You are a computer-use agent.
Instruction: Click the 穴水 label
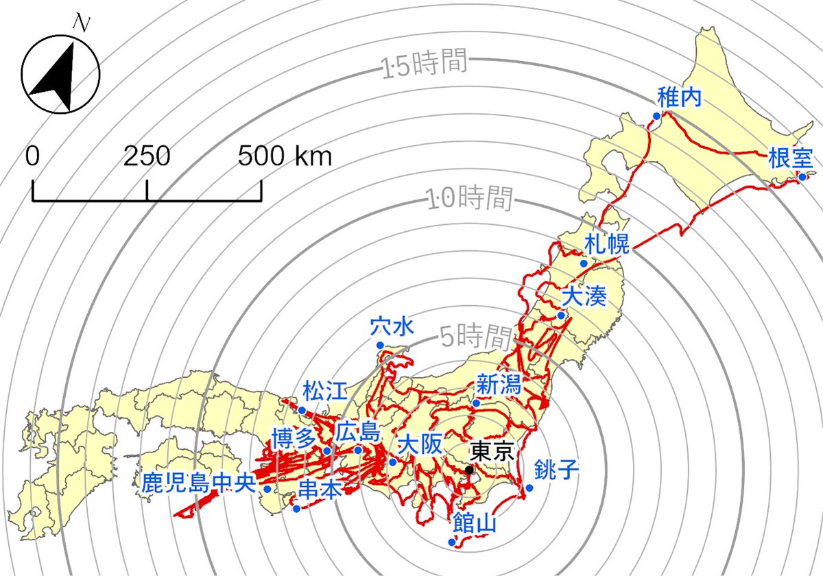(392, 326)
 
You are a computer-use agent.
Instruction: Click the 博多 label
(293, 437)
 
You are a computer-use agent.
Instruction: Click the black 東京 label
(491, 451)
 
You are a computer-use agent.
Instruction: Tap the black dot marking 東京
(469, 470)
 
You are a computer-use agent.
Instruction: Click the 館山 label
(474, 525)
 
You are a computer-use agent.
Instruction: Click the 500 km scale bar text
(285, 157)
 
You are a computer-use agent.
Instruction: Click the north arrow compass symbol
(60, 74)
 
